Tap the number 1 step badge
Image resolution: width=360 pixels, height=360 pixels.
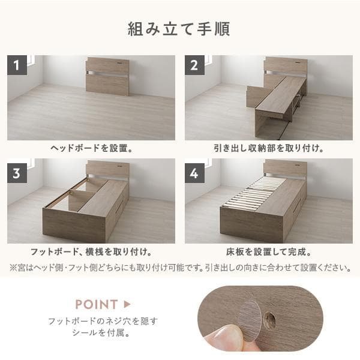point(17,65)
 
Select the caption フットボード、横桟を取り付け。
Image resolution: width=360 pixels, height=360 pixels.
point(91,252)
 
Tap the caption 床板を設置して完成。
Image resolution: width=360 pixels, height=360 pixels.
point(268,252)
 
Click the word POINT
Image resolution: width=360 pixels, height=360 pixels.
point(95,304)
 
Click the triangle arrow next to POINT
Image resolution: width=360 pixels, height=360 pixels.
point(127,304)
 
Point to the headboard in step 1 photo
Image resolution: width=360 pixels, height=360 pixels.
point(107,76)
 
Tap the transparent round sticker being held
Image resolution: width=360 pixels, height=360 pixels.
point(250,317)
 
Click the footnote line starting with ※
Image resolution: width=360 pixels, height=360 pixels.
point(180,267)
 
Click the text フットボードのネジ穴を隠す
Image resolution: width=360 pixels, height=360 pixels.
point(103,321)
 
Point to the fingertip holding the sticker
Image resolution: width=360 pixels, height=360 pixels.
point(225,339)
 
